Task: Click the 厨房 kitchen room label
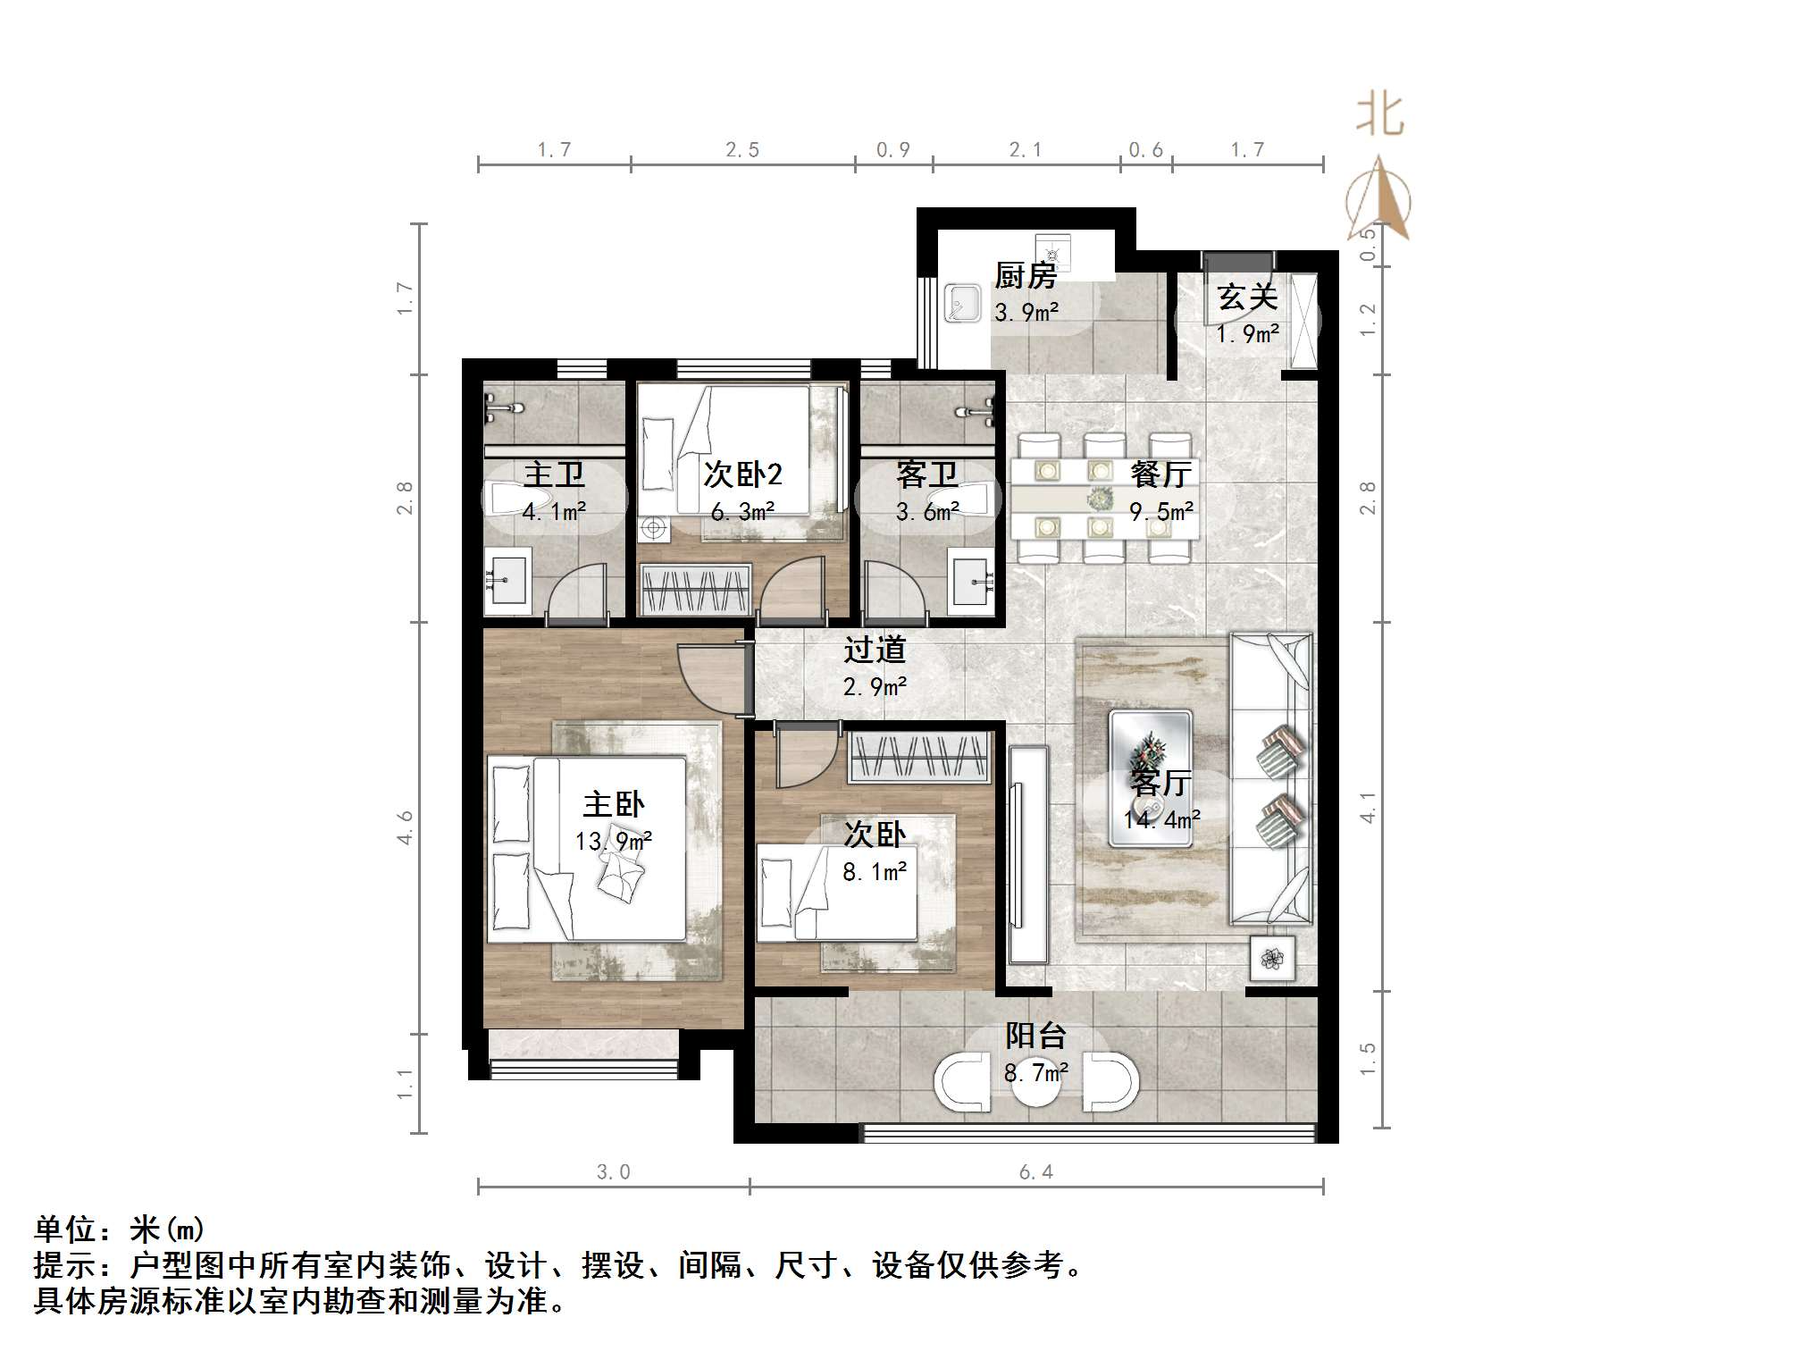(x=1026, y=275)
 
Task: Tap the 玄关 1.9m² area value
(x=1247, y=334)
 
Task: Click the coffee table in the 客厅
(x=1151, y=778)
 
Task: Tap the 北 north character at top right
(x=1380, y=116)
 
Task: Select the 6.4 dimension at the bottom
(x=1036, y=1172)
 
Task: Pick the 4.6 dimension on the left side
(x=406, y=827)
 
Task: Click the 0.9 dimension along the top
(x=892, y=150)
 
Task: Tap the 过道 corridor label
(x=875, y=650)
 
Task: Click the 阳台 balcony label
(x=1036, y=1036)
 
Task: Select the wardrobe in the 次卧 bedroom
(x=920, y=758)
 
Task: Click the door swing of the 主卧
(x=710, y=679)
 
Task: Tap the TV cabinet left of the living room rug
(x=1028, y=853)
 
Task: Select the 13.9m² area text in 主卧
(x=613, y=842)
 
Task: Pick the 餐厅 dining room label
(x=1160, y=474)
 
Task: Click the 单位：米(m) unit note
(x=120, y=1229)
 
